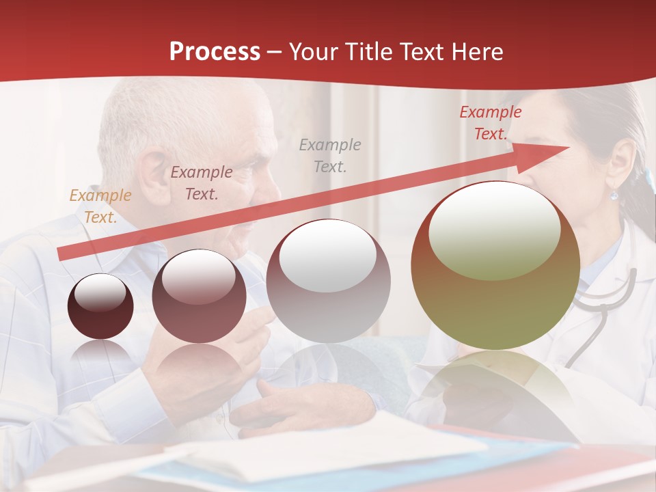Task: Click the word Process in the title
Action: click(215, 52)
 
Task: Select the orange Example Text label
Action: click(100, 206)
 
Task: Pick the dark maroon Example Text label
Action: click(201, 183)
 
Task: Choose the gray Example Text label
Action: click(329, 155)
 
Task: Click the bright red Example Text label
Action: click(490, 123)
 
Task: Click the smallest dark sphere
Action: click(100, 306)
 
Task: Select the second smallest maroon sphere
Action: click(199, 296)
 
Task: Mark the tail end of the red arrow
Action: click(61, 254)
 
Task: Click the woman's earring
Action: click(614, 195)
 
